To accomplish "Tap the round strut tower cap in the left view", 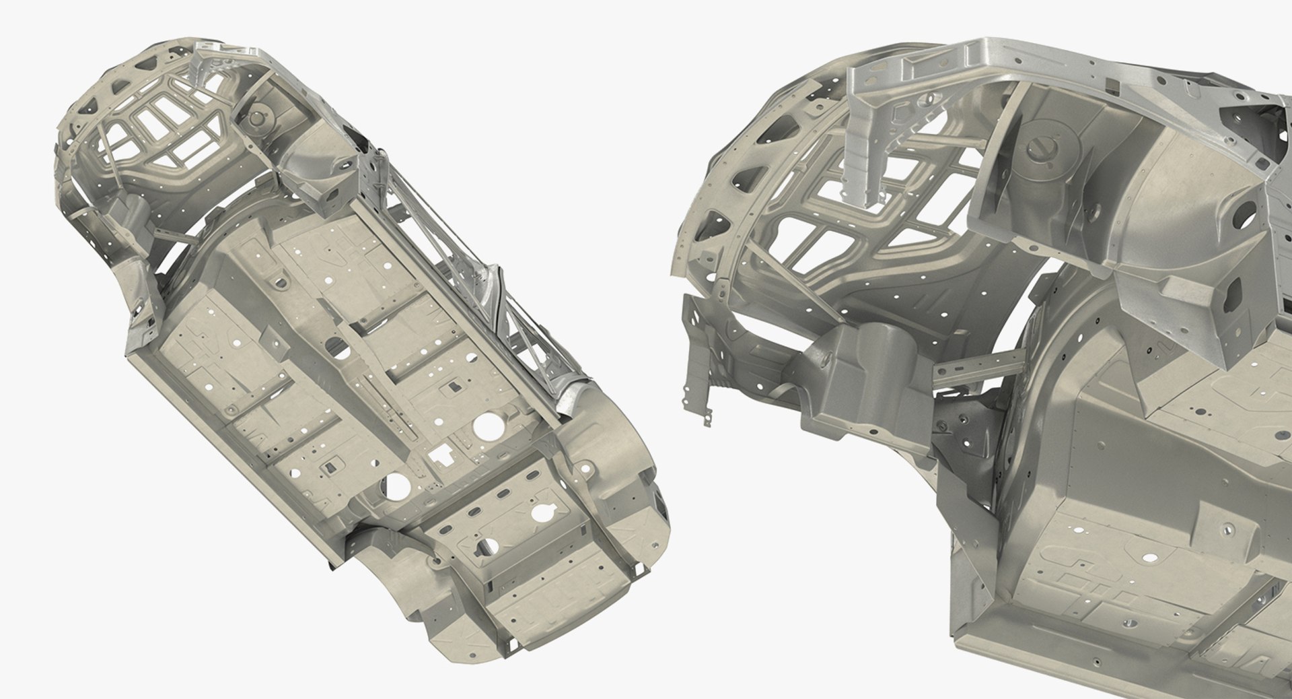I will point(258,116).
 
